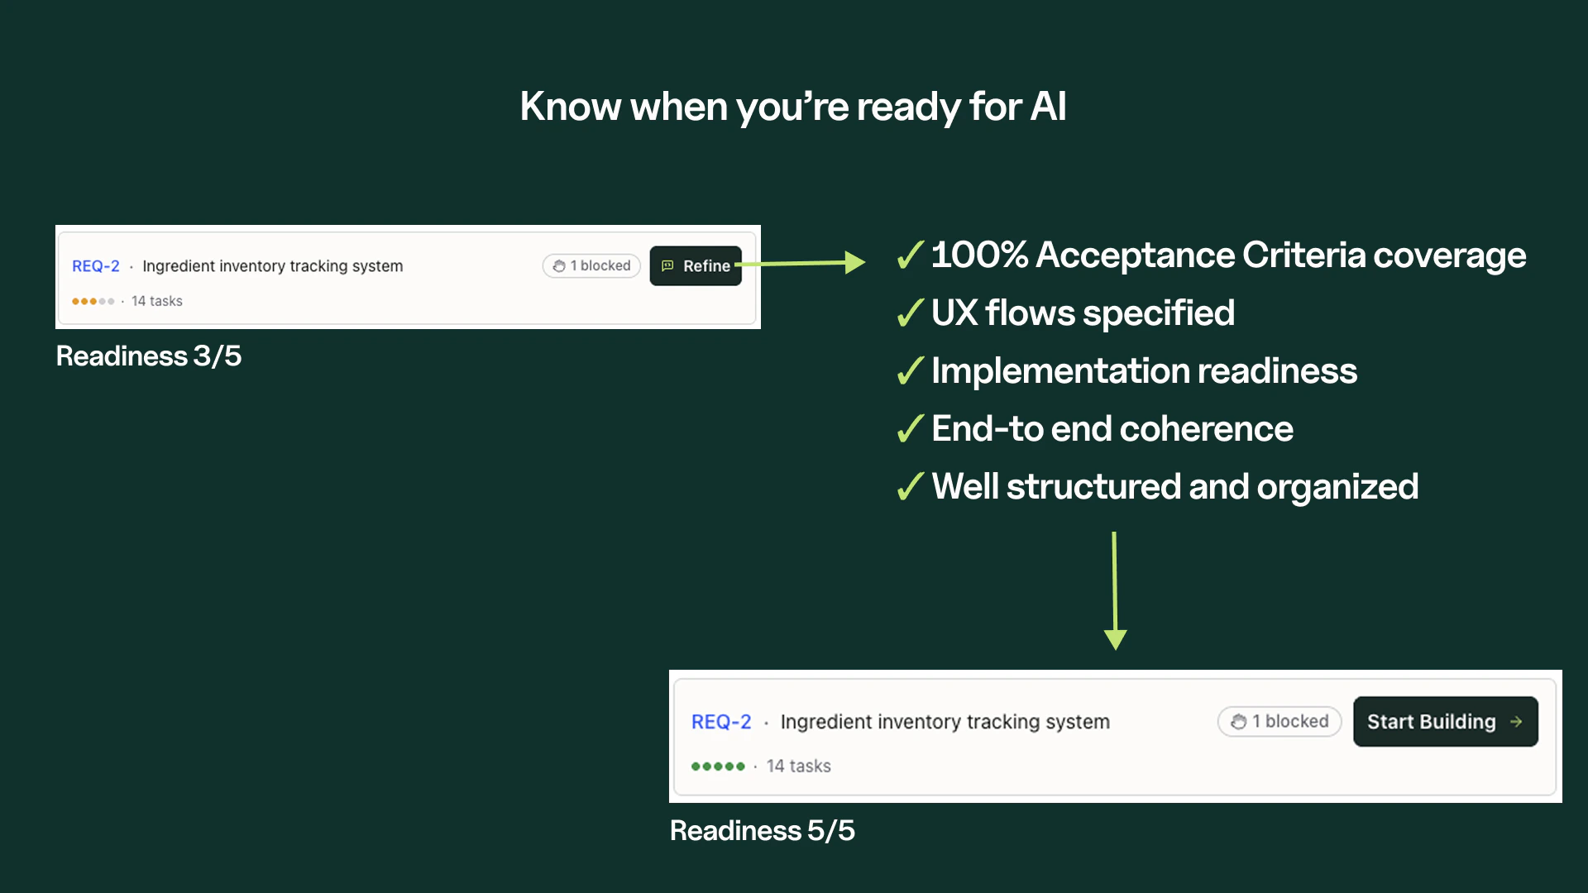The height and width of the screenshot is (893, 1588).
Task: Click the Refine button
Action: pos(696,265)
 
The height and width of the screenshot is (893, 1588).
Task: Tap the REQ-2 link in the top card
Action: pos(95,266)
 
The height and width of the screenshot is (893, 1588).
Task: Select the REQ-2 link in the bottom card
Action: pos(720,722)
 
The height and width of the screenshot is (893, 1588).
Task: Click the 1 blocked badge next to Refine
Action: pos(591,265)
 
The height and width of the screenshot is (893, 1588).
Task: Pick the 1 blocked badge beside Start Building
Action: pos(1279,721)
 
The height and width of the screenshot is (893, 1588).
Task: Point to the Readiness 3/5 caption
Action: pos(149,356)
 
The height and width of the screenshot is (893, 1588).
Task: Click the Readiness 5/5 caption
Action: pos(762,830)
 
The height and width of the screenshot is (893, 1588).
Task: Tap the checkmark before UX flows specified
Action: pos(910,313)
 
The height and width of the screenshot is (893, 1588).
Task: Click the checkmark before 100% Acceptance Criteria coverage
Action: pos(910,255)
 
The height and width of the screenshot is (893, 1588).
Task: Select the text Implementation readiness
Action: pos(1144,371)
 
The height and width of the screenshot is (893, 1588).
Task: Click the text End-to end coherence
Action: pos(1112,429)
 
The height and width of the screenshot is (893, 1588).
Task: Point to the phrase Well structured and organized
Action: pos(1174,487)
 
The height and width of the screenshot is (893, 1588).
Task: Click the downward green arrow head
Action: pos(1115,639)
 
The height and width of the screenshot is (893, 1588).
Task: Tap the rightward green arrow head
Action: pos(854,263)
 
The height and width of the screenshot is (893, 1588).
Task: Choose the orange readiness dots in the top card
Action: pos(93,301)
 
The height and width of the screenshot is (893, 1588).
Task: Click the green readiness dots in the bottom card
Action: pos(718,766)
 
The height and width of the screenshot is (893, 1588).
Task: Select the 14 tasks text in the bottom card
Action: pos(798,766)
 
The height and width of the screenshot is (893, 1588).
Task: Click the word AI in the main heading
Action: pos(1048,107)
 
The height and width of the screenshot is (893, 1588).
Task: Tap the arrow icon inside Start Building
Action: pos(1516,722)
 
